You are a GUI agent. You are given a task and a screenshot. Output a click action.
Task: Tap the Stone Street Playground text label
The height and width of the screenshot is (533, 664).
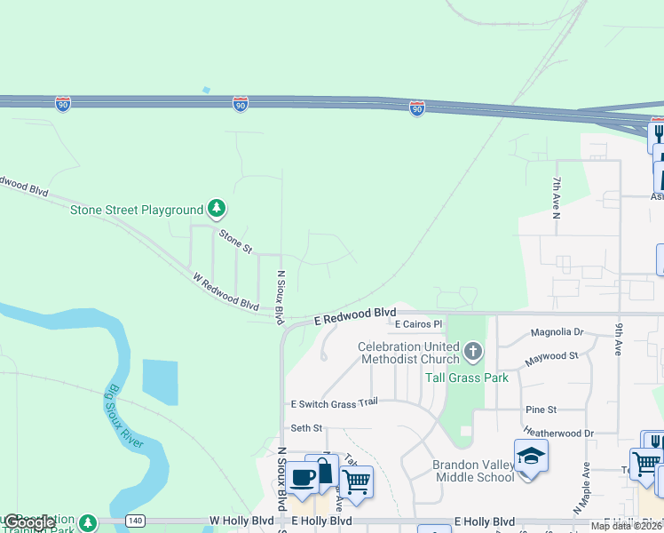(x=138, y=211)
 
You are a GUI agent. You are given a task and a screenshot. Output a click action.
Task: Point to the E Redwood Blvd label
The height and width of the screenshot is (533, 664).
(x=355, y=315)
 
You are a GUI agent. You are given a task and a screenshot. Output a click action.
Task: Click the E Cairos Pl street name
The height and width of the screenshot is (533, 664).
(x=418, y=324)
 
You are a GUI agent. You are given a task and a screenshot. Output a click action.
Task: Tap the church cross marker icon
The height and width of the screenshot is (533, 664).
(x=472, y=352)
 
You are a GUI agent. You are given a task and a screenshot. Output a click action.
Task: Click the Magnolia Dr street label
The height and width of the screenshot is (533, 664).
(x=557, y=332)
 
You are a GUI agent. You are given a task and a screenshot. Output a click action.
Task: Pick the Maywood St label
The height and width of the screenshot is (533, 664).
(x=551, y=356)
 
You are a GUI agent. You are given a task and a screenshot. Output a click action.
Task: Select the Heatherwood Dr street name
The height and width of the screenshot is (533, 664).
(x=557, y=433)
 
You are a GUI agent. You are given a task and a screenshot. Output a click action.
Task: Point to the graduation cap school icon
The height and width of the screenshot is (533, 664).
(x=530, y=456)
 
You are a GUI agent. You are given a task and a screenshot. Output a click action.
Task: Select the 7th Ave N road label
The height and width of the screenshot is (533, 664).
(x=556, y=198)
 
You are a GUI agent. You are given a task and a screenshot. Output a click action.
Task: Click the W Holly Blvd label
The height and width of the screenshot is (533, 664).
(x=239, y=521)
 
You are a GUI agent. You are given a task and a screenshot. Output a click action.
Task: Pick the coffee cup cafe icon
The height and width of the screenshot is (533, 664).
(x=302, y=477)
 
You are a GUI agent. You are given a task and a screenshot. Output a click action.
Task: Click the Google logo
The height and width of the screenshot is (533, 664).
(x=28, y=522)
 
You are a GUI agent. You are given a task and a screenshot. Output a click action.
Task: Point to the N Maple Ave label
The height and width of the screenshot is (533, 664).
(x=582, y=488)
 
